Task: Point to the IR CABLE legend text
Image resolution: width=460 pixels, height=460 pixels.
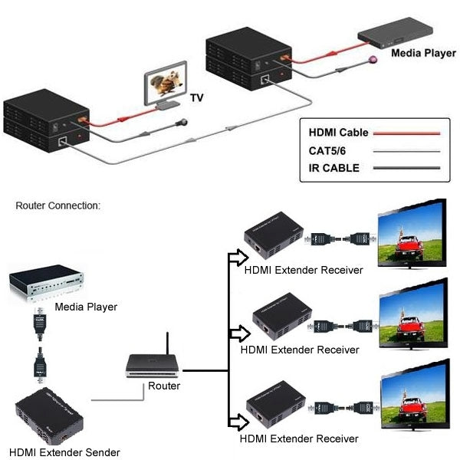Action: point(333,168)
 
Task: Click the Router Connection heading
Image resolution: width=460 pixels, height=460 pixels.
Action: point(58,205)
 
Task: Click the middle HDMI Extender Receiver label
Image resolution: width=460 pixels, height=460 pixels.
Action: point(300,350)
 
